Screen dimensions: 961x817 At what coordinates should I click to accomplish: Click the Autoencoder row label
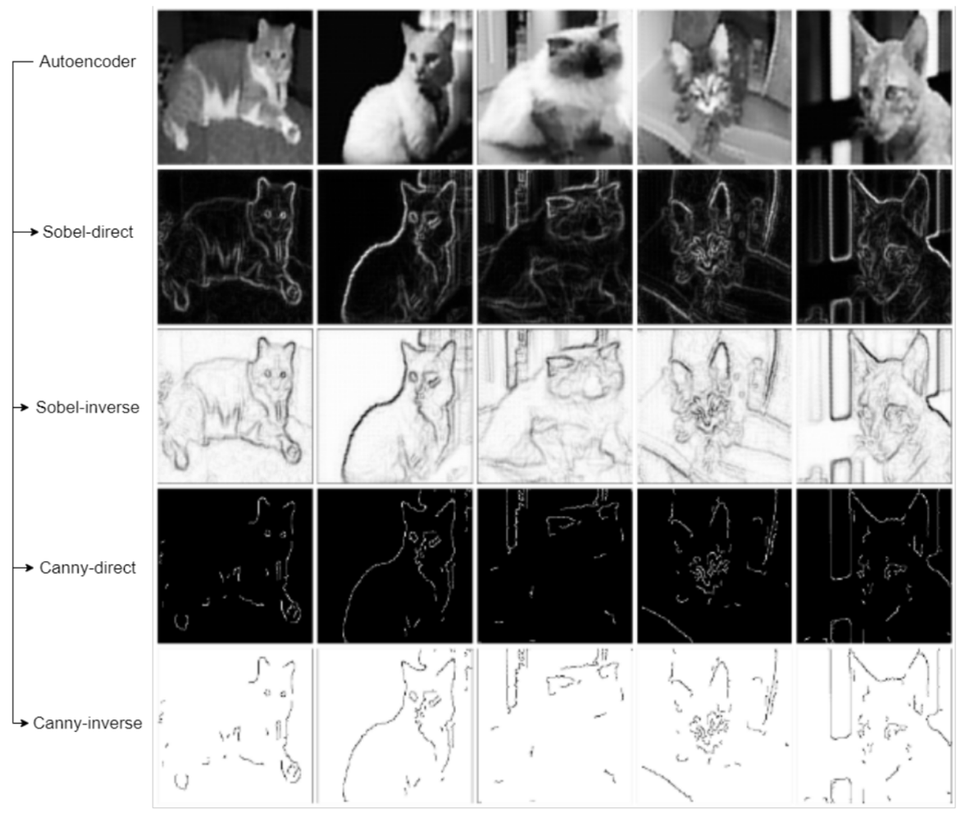click(88, 61)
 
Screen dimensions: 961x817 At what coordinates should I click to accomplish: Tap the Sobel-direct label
click(88, 232)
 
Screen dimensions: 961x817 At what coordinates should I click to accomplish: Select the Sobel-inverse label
click(88, 407)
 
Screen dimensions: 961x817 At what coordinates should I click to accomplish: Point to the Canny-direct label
click(88, 568)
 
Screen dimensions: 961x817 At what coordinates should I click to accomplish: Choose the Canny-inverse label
click(88, 723)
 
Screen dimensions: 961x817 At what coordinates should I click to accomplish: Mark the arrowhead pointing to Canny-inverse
click(25, 723)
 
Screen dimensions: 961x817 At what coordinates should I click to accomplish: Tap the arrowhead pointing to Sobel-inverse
click(25, 407)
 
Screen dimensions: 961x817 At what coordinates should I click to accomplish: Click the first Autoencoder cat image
click(235, 87)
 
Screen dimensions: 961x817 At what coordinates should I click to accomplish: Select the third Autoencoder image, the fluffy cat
click(554, 87)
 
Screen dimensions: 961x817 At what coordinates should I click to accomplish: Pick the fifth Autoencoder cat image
click(874, 87)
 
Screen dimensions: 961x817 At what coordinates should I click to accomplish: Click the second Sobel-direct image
click(394, 247)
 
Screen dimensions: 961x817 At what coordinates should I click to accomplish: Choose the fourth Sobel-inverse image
click(715, 406)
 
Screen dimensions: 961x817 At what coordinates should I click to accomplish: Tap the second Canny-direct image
click(394, 565)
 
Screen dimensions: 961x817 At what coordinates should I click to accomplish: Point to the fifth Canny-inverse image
click(874, 725)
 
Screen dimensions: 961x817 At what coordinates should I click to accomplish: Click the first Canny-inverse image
click(235, 725)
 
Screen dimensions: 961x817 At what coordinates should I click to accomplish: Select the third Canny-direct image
click(554, 565)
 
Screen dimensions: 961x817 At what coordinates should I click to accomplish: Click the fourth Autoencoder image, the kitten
click(715, 87)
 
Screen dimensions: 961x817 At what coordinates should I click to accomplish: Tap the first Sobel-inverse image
click(235, 406)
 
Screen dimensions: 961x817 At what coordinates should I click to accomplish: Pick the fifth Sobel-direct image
click(874, 247)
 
